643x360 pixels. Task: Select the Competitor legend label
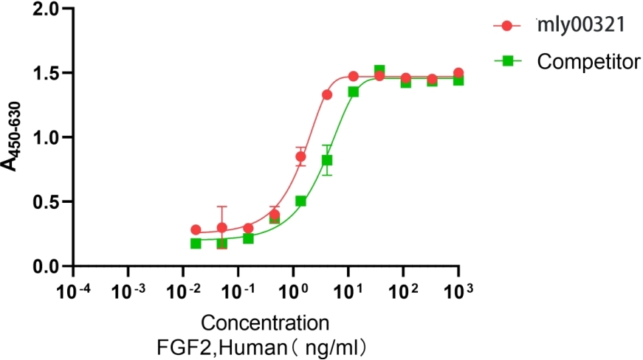click(x=588, y=62)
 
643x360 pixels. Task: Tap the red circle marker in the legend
click(x=506, y=26)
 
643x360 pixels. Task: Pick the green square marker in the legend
click(x=506, y=62)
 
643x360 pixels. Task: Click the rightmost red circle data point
click(x=458, y=73)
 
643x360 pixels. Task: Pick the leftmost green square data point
click(x=196, y=243)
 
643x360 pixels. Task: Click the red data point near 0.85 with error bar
click(x=300, y=156)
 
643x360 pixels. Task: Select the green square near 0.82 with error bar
click(x=327, y=160)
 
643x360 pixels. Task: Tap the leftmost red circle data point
click(x=196, y=230)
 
